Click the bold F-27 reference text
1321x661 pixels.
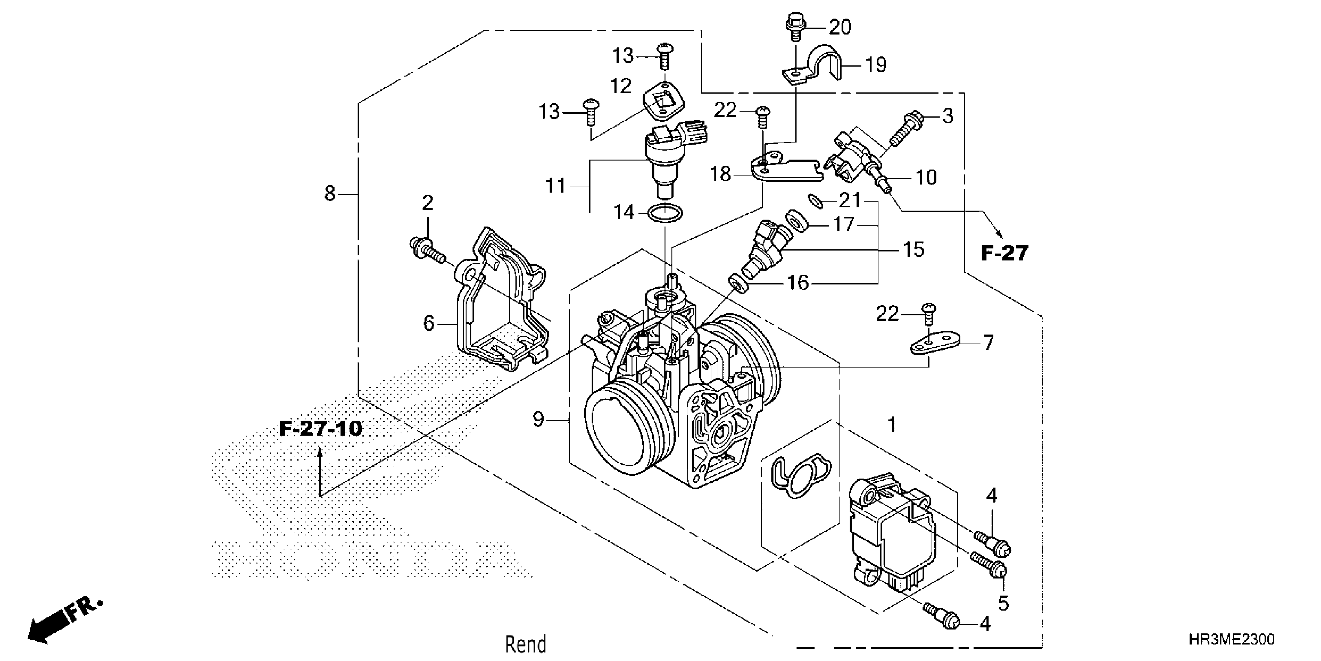pyautogui.click(x=1005, y=253)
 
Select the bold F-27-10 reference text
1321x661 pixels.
pyautogui.click(x=321, y=429)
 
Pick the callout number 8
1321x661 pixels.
pyautogui.click(x=330, y=194)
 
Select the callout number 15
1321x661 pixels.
pyautogui.click(x=913, y=250)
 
